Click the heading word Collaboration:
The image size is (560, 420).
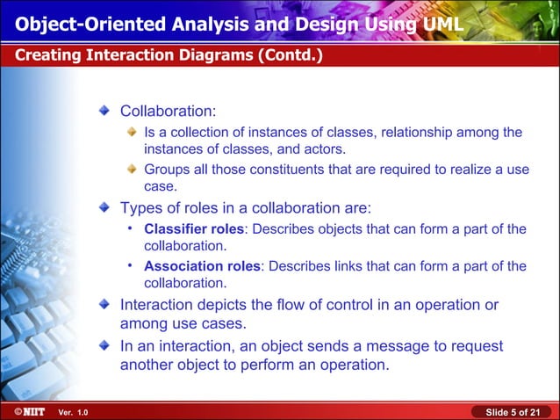coord(169,112)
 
